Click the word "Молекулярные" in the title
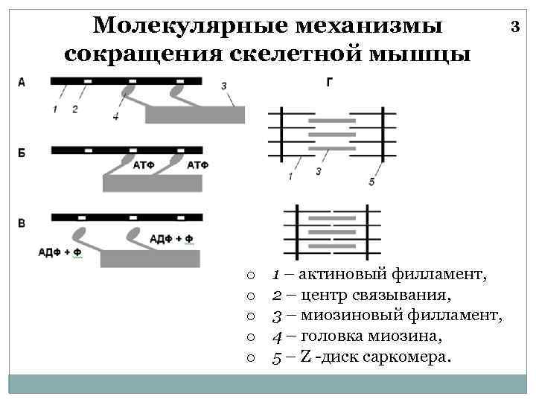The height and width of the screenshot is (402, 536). pyautogui.click(x=176, y=26)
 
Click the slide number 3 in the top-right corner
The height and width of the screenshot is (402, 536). pyautogui.click(x=514, y=28)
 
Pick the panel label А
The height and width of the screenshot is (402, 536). pyautogui.click(x=22, y=83)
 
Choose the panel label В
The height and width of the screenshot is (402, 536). pyautogui.click(x=22, y=223)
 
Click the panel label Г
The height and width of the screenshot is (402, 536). pyautogui.click(x=330, y=83)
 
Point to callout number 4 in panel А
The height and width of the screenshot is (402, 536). pyautogui.click(x=115, y=117)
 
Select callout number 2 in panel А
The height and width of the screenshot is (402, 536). pyautogui.click(x=74, y=109)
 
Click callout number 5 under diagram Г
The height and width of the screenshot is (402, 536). pyautogui.click(x=371, y=182)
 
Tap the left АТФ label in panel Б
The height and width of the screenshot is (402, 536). pyautogui.click(x=144, y=164)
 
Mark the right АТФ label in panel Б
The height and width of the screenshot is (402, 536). pyautogui.click(x=197, y=164)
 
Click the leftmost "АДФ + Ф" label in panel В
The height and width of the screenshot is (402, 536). pyautogui.click(x=60, y=252)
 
